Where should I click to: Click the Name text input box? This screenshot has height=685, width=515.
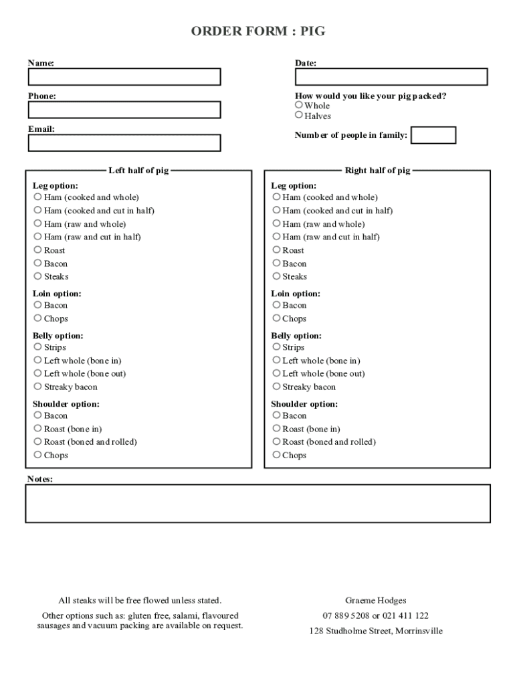pyautogui.click(x=124, y=77)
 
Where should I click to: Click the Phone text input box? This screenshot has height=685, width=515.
pyautogui.click(x=124, y=110)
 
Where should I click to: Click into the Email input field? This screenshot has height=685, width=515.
pyautogui.click(x=124, y=143)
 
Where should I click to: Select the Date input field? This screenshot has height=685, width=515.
pyautogui.click(x=391, y=77)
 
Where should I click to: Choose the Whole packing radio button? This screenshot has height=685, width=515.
pyautogui.click(x=299, y=105)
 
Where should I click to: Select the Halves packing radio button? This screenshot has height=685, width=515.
pyautogui.click(x=299, y=115)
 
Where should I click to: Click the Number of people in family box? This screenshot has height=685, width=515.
pyautogui.click(x=433, y=135)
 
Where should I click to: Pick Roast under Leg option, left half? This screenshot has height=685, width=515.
pyautogui.click(x=38, y=250)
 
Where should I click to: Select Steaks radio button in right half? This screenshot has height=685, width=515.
pyautogui.click(x=276, y=276)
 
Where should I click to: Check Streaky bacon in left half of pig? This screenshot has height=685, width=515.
pyautogui.click(x=38, y=386)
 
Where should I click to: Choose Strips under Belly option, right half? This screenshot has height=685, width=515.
pyautogui.click(x=276, y=347)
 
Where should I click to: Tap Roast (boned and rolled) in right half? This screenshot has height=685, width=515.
pyautogui.click(x=276, y=442)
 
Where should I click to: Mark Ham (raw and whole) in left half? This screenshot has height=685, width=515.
pyautogui.click(x=38, y=223)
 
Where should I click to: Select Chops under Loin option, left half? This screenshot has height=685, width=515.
pyautogui.click(x=38, y=318)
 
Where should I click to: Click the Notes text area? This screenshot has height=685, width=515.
pyautogui.click(x=257, y=503)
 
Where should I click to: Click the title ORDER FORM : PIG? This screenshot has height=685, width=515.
pyautogui.click(x=258, y=31)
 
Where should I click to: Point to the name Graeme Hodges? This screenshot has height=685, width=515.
pyautogui.click(x=375, y=601)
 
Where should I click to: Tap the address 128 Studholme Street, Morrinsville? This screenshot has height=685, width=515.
pyautogui.click(x=375, y=631)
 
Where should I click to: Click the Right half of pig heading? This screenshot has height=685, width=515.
pyautogui.click(x=377, y=171)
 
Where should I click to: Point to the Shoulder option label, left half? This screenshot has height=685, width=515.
pyautogui.click(x=66, y=404)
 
